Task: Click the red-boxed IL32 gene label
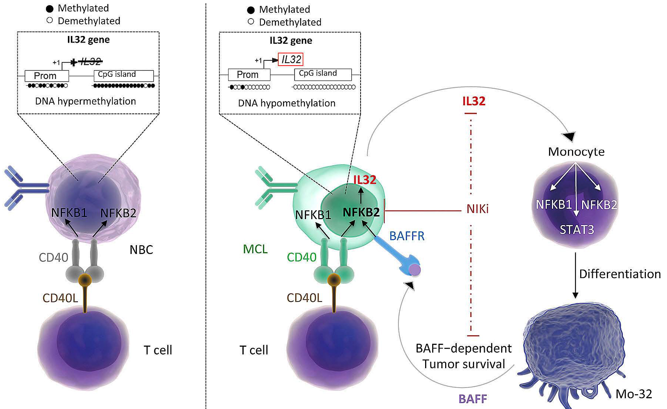(x=290, y=59)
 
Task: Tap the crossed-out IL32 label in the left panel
(x=90, y=62)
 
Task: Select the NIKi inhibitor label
(x=477, y=209)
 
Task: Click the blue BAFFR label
(x=407, y=236)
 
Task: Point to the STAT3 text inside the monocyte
(x=576, y=230)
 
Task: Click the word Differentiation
(x=620, y=274)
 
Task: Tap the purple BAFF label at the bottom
(x=473, y=399)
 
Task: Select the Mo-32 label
(x=634, y=394)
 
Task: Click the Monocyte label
(x=576, y=152)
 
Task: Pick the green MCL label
(x=255, y=249)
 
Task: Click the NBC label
(x=141, y=250)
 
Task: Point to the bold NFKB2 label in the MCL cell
(x=361, y=212)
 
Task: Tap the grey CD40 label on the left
(x=53, y=257)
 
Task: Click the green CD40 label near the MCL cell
(x=302, y=257)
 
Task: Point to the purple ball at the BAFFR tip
(x=414, y=270)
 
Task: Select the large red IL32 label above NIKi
(x=474, y=101)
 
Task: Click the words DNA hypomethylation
(x=287, y=103)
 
